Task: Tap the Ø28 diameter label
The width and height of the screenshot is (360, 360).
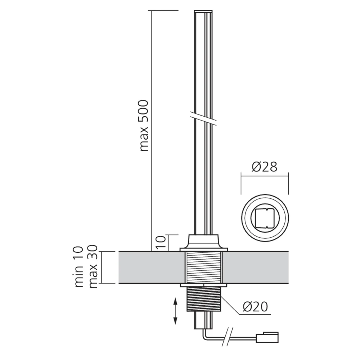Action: coord(265,167)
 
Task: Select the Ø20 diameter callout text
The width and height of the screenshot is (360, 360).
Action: coord(255,306)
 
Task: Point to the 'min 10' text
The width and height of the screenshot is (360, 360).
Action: coord(79,267)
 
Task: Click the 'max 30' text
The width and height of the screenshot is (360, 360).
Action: coord(93,267)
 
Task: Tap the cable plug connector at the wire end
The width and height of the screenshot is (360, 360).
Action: coord(266,338)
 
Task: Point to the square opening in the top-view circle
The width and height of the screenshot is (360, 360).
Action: coord(265,218)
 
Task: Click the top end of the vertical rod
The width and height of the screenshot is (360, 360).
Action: coord(204,13)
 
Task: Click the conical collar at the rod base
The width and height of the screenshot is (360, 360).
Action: coord(204,241)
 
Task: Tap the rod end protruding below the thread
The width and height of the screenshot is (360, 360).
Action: coord(204,320)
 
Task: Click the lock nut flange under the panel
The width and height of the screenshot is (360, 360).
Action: coord(204,285)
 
